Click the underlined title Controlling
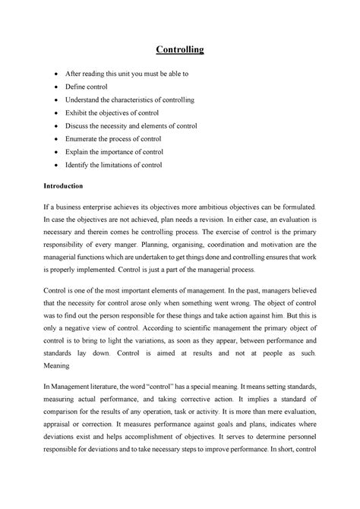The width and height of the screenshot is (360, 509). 180,51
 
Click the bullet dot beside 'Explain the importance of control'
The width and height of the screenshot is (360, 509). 59,151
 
